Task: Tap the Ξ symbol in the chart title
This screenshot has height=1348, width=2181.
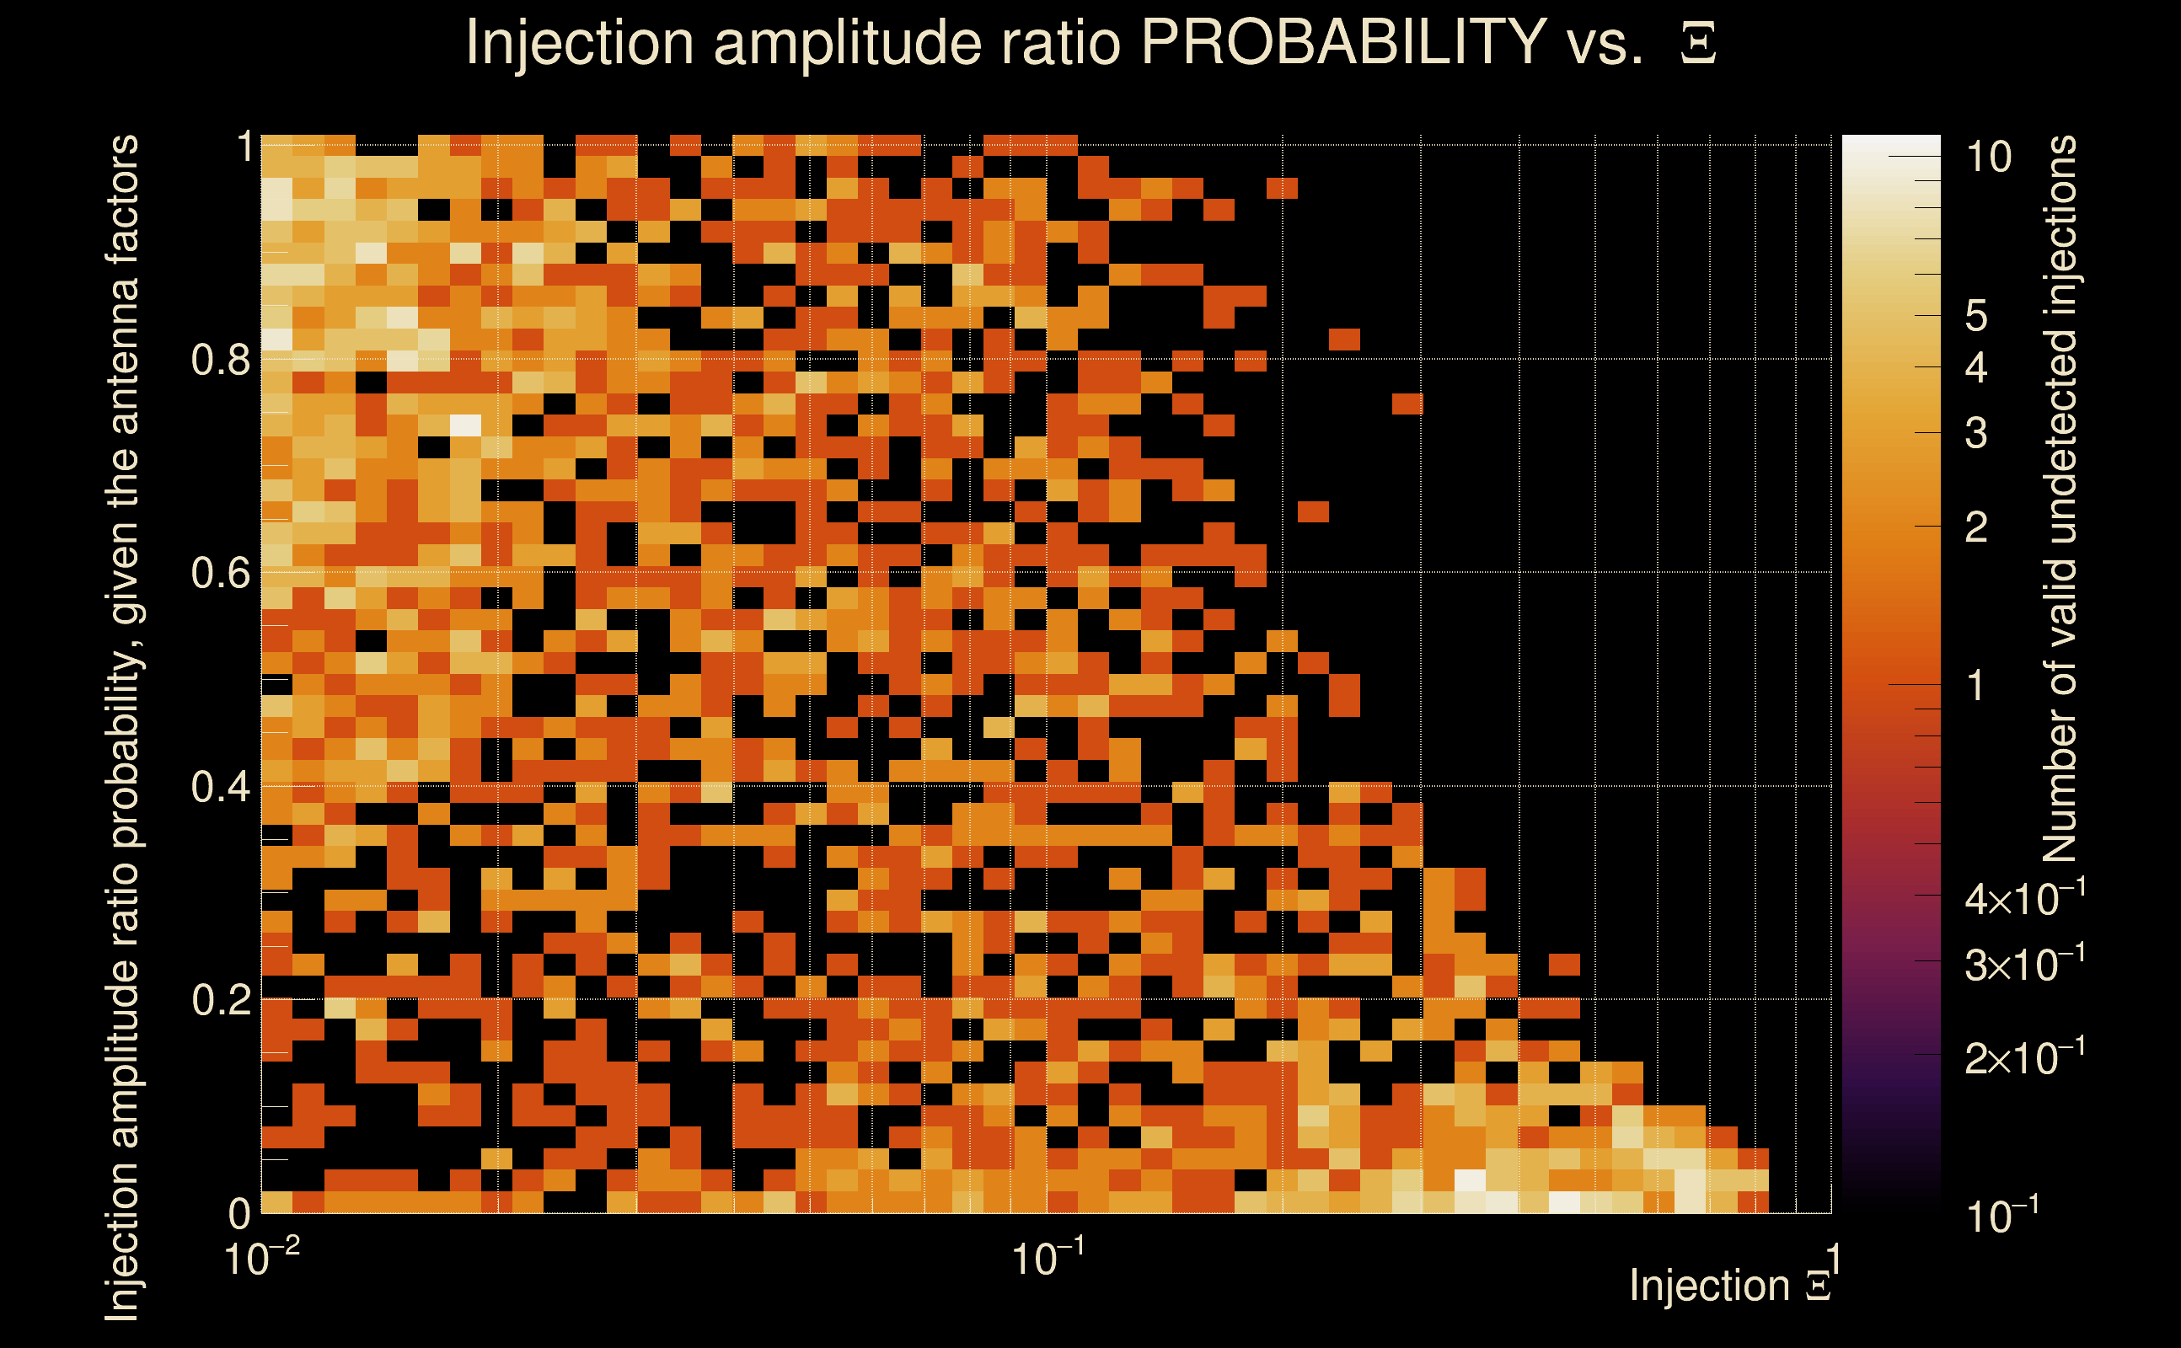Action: pyautogui.click(x=1698, y=44)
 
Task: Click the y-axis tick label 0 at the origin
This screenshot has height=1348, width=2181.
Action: pyautogui.click(x=239, y=1213)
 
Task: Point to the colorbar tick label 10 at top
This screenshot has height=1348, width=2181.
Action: pyautogui.click(x=1988, y=158)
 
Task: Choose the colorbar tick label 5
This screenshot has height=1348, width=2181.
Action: pyautogui.click(x=1976, y=317)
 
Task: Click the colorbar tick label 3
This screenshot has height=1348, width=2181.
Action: pyautogui.click(x=1976, y=433)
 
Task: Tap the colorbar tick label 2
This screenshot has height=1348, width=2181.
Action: pyautogui.click(x=1976, y=527)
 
